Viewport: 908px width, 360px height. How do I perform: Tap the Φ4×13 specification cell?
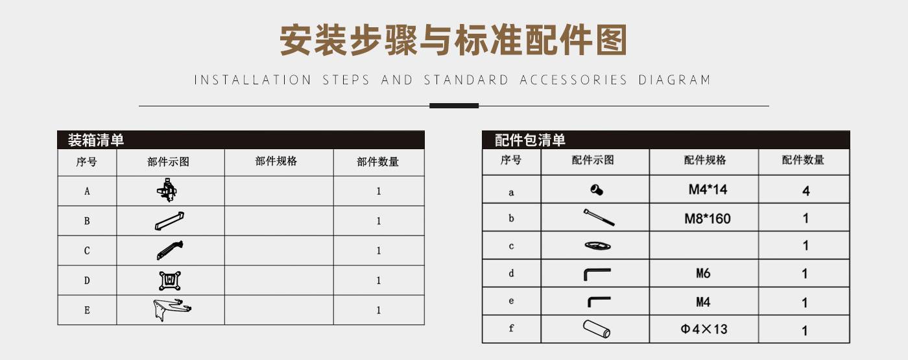pyautogui.click(x=704, y=330)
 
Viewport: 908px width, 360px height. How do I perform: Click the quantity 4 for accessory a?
pyautogui.click(x=806, y=191)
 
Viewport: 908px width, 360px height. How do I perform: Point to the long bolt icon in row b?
pyautogui.click(x=599, y=217)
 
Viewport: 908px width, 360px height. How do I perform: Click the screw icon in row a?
pyautogui.click(x=597, y=189)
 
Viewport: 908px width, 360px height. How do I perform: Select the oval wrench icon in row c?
pyautogui.click(x=597, y=245)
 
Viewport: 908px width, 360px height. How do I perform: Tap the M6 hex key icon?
pyautogui.click(x=597, y=274)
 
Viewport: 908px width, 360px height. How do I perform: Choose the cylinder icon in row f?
pyautogui.click(x=597, y=329)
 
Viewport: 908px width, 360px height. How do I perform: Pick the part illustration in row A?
pyautogui.click(x=167, y=190)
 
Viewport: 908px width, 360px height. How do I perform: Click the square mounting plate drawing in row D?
pyautogui.click(x=170, y=280)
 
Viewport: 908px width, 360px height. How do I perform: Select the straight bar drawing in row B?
pyautogui.click(x=169, y=221)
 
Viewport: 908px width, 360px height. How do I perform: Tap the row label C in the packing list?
pyautogui.click(x=87, y=250)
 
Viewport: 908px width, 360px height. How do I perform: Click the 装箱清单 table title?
pyautogui.click(x=96, y=140)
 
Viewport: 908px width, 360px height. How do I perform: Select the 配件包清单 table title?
pyautogui.click(x=530, y=140)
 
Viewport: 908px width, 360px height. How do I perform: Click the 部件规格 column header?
pyautogui.click(x=276, y=162)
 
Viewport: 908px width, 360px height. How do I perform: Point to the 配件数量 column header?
pyautogui.click(x=803, y=160)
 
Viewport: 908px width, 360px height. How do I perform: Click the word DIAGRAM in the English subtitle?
pyautogui.click(x=675, y=80)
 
